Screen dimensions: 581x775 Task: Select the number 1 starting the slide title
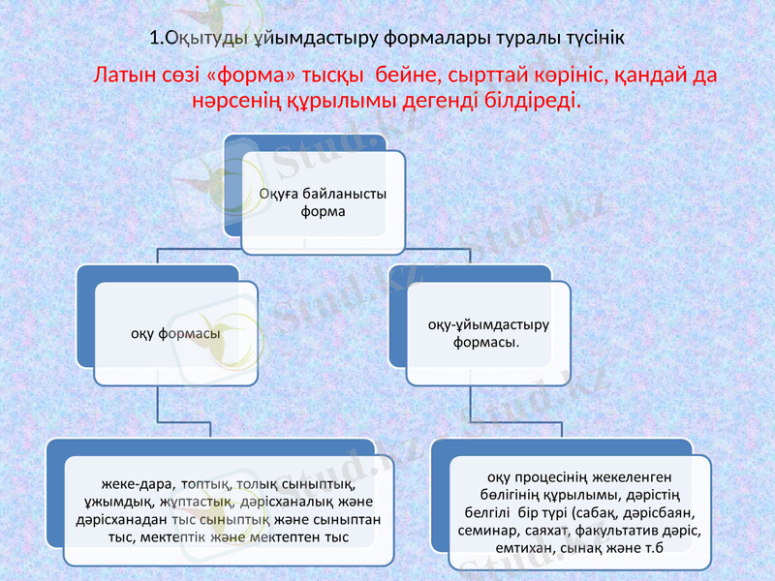[155, 39]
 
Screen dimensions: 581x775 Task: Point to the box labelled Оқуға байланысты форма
[324, 201]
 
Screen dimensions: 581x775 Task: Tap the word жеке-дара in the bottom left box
[131, 483]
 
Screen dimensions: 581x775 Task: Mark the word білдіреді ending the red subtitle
[532, 100]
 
